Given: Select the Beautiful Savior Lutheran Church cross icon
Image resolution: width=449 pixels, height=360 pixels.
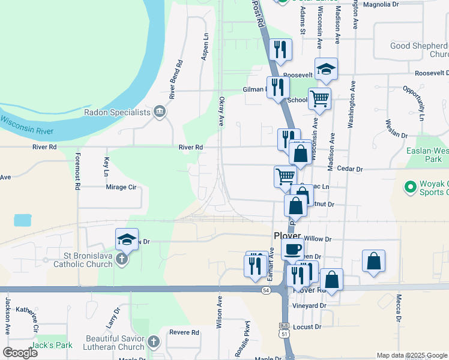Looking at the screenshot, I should click(153, 343).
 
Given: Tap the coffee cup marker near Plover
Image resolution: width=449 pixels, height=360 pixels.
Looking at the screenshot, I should click(292, 249).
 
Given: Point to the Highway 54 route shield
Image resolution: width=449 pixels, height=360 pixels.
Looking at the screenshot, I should click(265, 290).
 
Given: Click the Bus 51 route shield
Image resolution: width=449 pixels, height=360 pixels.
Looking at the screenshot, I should click(285, 327).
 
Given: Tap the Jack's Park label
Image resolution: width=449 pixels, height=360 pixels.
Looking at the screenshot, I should click(52, 345).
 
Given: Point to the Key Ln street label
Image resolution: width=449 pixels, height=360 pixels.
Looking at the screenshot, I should click(106, 166).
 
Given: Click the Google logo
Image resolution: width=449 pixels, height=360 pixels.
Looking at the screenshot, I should click(20, 353).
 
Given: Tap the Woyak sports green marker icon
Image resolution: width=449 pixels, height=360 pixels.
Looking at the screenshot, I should click(411, 188).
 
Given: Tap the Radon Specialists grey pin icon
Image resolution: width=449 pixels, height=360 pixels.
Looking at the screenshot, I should click(160, 110).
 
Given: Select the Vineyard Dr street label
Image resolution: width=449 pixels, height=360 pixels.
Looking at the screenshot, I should click(310, 305).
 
